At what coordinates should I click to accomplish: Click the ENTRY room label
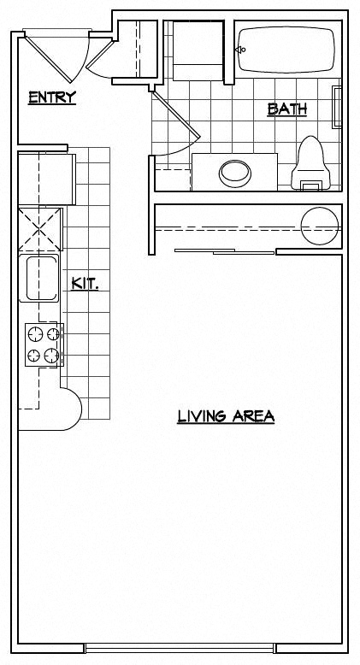coord(52,97)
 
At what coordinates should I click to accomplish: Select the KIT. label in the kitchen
coord(85,283)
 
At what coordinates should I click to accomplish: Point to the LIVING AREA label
coord(226,417)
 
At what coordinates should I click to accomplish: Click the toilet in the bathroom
coord(311,162)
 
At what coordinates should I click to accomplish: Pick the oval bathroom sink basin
coord(235,173)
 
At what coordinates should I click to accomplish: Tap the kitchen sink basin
coord(40,277)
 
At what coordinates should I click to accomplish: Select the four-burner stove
coord(44,344)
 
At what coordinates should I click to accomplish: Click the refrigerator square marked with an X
coord(41,228)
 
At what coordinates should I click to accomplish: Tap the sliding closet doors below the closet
coord(224,251)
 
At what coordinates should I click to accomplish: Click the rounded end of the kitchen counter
coord(69,409)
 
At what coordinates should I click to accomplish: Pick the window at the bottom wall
coord(180,647)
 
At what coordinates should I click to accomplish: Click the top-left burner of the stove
coord(35,333)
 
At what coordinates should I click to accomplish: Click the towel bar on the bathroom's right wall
coord(337,105)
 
